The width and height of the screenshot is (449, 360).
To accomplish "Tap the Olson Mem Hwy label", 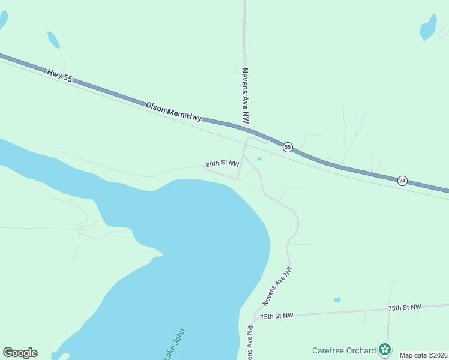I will (173, 112).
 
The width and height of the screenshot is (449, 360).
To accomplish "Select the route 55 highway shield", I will (288, 147).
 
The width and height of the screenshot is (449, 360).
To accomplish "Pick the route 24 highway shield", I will (402, 180).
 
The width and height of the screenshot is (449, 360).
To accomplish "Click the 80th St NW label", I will (222, 163).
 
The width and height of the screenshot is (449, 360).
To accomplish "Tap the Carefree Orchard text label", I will (343, 350).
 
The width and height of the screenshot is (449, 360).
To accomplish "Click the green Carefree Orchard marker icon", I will (384, 349).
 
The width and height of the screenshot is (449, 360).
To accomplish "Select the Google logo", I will (20, 353).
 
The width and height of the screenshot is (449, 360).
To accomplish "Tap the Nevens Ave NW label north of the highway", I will (245, 96).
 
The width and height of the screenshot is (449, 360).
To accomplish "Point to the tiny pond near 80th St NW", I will (259, 159).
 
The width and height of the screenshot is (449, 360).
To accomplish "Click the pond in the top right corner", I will (428, 27).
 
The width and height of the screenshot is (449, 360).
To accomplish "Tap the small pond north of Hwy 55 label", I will (53, 40).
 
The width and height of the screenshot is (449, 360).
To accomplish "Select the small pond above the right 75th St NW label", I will (337, 299).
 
